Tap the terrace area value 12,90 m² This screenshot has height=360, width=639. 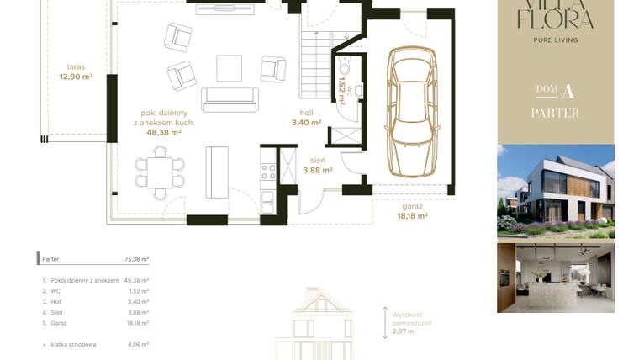[76, 77]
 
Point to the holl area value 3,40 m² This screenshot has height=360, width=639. [307, 123]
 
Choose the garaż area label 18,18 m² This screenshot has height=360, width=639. [412, 215]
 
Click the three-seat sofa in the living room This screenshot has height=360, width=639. [228, 99]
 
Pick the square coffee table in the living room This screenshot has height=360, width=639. [229, 67]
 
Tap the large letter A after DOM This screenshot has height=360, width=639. [569, 91]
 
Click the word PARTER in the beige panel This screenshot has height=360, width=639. [555, 113]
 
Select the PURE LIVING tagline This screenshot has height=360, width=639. [555, 40]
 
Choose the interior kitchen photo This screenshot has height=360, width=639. [555, 278]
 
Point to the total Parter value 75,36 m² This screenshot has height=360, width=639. [135, 260]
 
